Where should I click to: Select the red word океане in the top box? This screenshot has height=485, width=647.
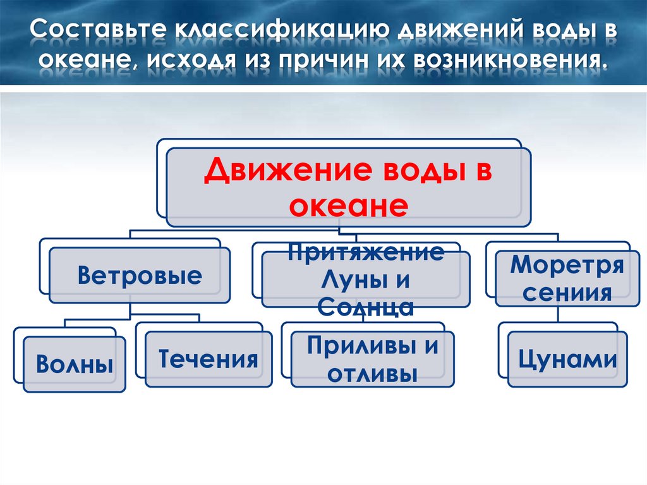coord(345,206)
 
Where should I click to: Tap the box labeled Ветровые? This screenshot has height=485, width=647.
coord(140,276)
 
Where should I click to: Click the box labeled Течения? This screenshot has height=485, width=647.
coord(208,359)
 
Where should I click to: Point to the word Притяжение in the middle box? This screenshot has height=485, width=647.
coord(366,253)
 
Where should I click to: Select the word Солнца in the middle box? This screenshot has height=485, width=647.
coord(366,307)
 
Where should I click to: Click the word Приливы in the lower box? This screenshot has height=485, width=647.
coord(354,347)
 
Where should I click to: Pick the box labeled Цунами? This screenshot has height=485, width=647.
coord(567,359)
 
